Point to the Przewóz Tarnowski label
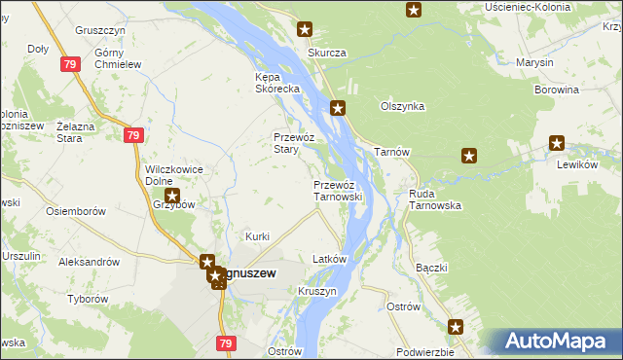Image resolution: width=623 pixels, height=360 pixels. click(338, 190)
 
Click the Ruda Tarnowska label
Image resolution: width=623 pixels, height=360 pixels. click(434, 199)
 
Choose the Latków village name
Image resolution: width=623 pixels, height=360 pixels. click(329, 260)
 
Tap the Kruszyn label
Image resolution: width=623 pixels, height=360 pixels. click(317, 291)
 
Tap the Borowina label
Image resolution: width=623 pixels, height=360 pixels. click(557, 90)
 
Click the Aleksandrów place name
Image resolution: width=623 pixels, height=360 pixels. click(90, 262)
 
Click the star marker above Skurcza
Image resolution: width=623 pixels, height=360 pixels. click(305, 30)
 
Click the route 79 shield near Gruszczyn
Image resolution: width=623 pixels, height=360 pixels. click(68, 64)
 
